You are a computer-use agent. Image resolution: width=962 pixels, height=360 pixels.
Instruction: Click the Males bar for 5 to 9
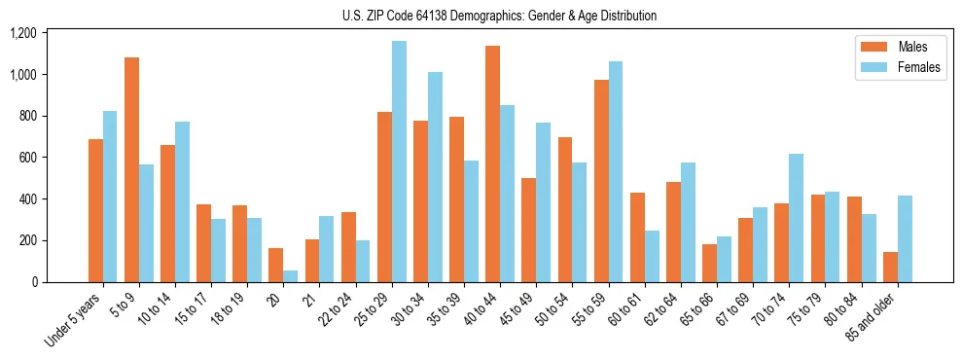131,169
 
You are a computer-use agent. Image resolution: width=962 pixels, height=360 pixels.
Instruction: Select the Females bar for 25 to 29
399,162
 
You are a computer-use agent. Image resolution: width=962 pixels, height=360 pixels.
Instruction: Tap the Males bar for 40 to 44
493,163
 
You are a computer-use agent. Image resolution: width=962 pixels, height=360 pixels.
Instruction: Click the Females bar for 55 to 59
616,171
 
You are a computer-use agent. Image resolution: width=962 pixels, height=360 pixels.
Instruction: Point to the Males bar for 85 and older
890,267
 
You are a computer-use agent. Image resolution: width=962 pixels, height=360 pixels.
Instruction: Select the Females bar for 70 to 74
797,218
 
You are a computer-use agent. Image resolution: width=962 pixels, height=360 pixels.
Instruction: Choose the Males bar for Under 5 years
95,210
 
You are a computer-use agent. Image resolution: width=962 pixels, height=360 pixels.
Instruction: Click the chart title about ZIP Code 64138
499,16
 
